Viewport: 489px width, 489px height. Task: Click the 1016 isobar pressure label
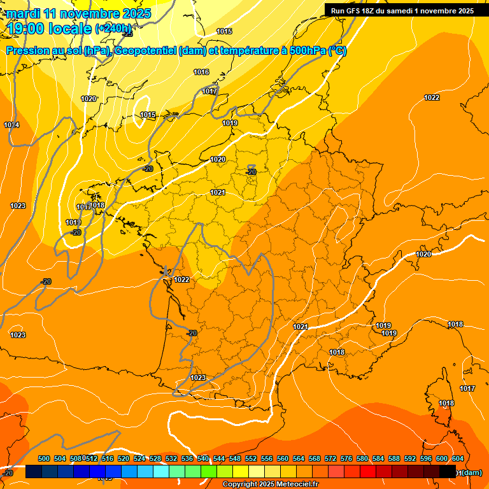[201, 73]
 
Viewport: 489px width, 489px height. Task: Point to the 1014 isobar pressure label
[11, 125]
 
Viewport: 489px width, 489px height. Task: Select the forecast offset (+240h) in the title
[113, 29]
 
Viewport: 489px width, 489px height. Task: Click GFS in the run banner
[357, 11]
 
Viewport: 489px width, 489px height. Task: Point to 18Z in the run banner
[375, 11]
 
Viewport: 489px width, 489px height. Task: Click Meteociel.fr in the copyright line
[295, 485]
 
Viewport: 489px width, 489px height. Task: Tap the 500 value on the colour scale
[44, 458]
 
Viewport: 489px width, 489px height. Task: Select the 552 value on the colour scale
[251, 458]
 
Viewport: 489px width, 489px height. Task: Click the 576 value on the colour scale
[346, 458]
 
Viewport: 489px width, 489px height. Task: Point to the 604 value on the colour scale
[458, 458]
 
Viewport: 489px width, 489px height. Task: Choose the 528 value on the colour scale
[155, 458]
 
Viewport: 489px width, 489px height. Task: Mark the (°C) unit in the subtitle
[337, 52]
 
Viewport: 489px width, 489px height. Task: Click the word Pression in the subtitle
[29, 52]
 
